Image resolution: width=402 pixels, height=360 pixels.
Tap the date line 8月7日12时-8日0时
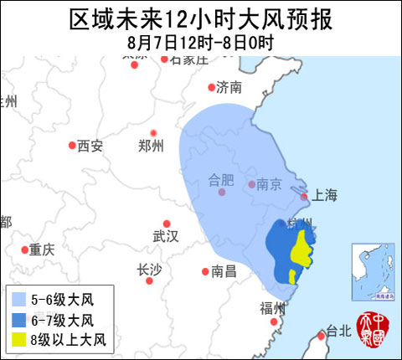click(x=201, y=40)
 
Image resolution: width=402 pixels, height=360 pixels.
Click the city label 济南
click(x=229, y=87)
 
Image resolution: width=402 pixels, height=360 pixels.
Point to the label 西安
click(x=90, y=146)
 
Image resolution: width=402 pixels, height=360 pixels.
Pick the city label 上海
click(x=324, y=196)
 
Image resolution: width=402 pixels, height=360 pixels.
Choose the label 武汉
click(x=166, y=236)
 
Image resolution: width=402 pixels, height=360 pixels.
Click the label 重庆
click(x=41, y=249)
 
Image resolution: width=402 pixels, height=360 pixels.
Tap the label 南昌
click(x=224, y=271)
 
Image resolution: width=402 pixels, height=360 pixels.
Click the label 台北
click(x=339, y=331)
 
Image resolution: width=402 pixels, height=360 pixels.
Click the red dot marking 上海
click(x=305, y=198)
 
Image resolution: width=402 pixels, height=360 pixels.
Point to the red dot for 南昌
click(x=205, y=271)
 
